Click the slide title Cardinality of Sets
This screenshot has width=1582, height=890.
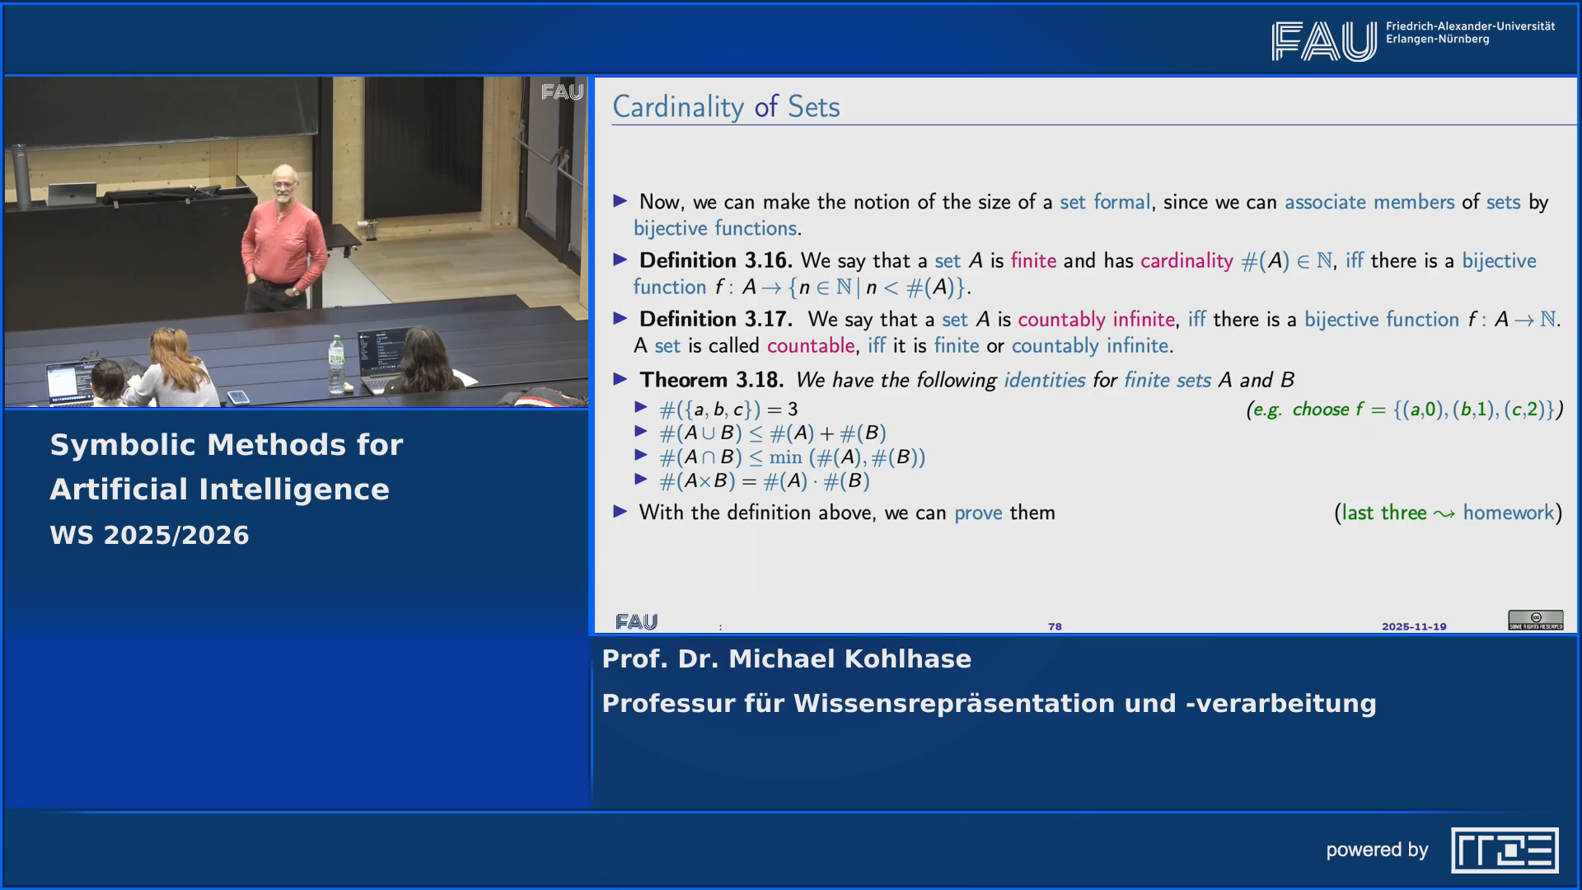pos(725,107)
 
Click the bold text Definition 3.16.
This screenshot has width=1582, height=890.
pos(714,260)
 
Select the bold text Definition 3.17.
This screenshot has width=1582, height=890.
pos(714,319)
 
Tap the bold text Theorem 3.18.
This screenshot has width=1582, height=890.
pos(711,380)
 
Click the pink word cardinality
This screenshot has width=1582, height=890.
pos(1186,260)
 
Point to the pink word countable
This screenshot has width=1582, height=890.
pos(810,345)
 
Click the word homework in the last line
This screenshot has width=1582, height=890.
pos(1508,513)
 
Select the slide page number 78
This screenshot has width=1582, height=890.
pos(1055,626)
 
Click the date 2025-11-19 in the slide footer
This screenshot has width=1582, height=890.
pos(1414,626)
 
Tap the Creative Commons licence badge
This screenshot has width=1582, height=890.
pos(1535,620)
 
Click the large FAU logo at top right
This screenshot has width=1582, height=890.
pos(1323,41)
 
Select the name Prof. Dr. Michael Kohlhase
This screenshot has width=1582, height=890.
pos(786,659)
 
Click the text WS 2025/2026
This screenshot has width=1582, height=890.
pos(149,535)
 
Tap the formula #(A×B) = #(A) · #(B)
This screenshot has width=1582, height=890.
pos(764,481)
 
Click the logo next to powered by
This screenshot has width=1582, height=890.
pos(1504,850)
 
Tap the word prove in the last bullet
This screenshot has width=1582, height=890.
pos(978,513)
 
